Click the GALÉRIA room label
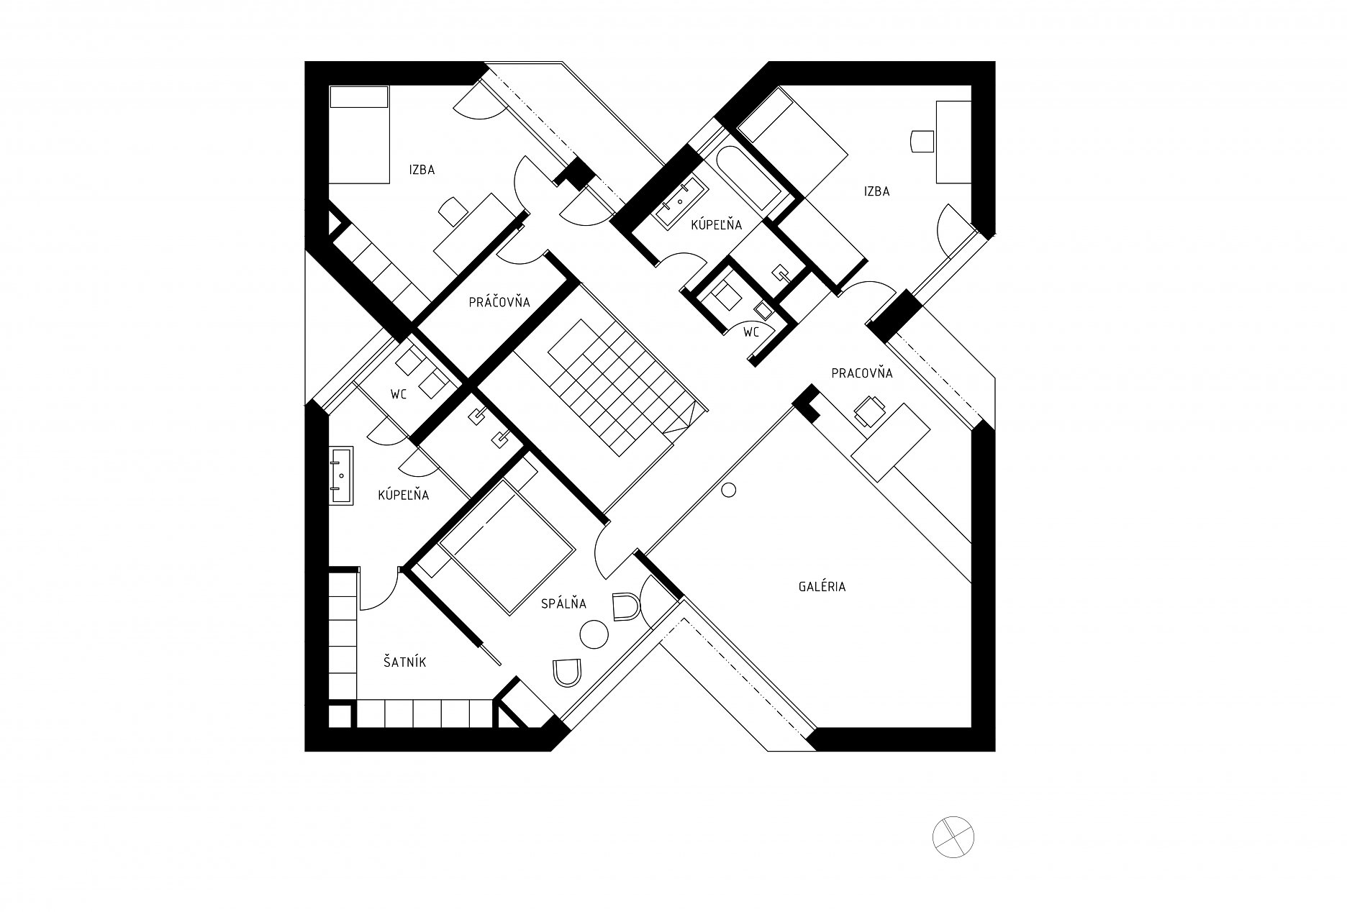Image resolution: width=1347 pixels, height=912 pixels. [822, 586]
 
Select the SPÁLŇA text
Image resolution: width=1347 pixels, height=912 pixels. [564, 604]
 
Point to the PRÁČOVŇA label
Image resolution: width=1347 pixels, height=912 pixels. [499, 302]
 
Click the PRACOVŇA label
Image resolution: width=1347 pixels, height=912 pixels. [862, 373]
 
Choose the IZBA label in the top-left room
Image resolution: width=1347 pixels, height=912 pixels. [422, 170]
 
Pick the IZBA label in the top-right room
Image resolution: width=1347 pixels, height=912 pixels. [877, 191]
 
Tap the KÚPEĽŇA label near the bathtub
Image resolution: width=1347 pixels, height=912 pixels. [716, 225]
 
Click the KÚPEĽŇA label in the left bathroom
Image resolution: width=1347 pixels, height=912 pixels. [404, 495]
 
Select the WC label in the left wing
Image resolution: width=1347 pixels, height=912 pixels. [399, 394]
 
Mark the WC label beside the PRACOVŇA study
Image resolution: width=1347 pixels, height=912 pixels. [751, 332]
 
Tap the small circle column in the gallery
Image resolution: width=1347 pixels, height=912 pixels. [728, 491]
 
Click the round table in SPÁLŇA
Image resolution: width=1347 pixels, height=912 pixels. [594, 635]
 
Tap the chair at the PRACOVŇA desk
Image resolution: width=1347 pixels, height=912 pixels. [868, 409]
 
